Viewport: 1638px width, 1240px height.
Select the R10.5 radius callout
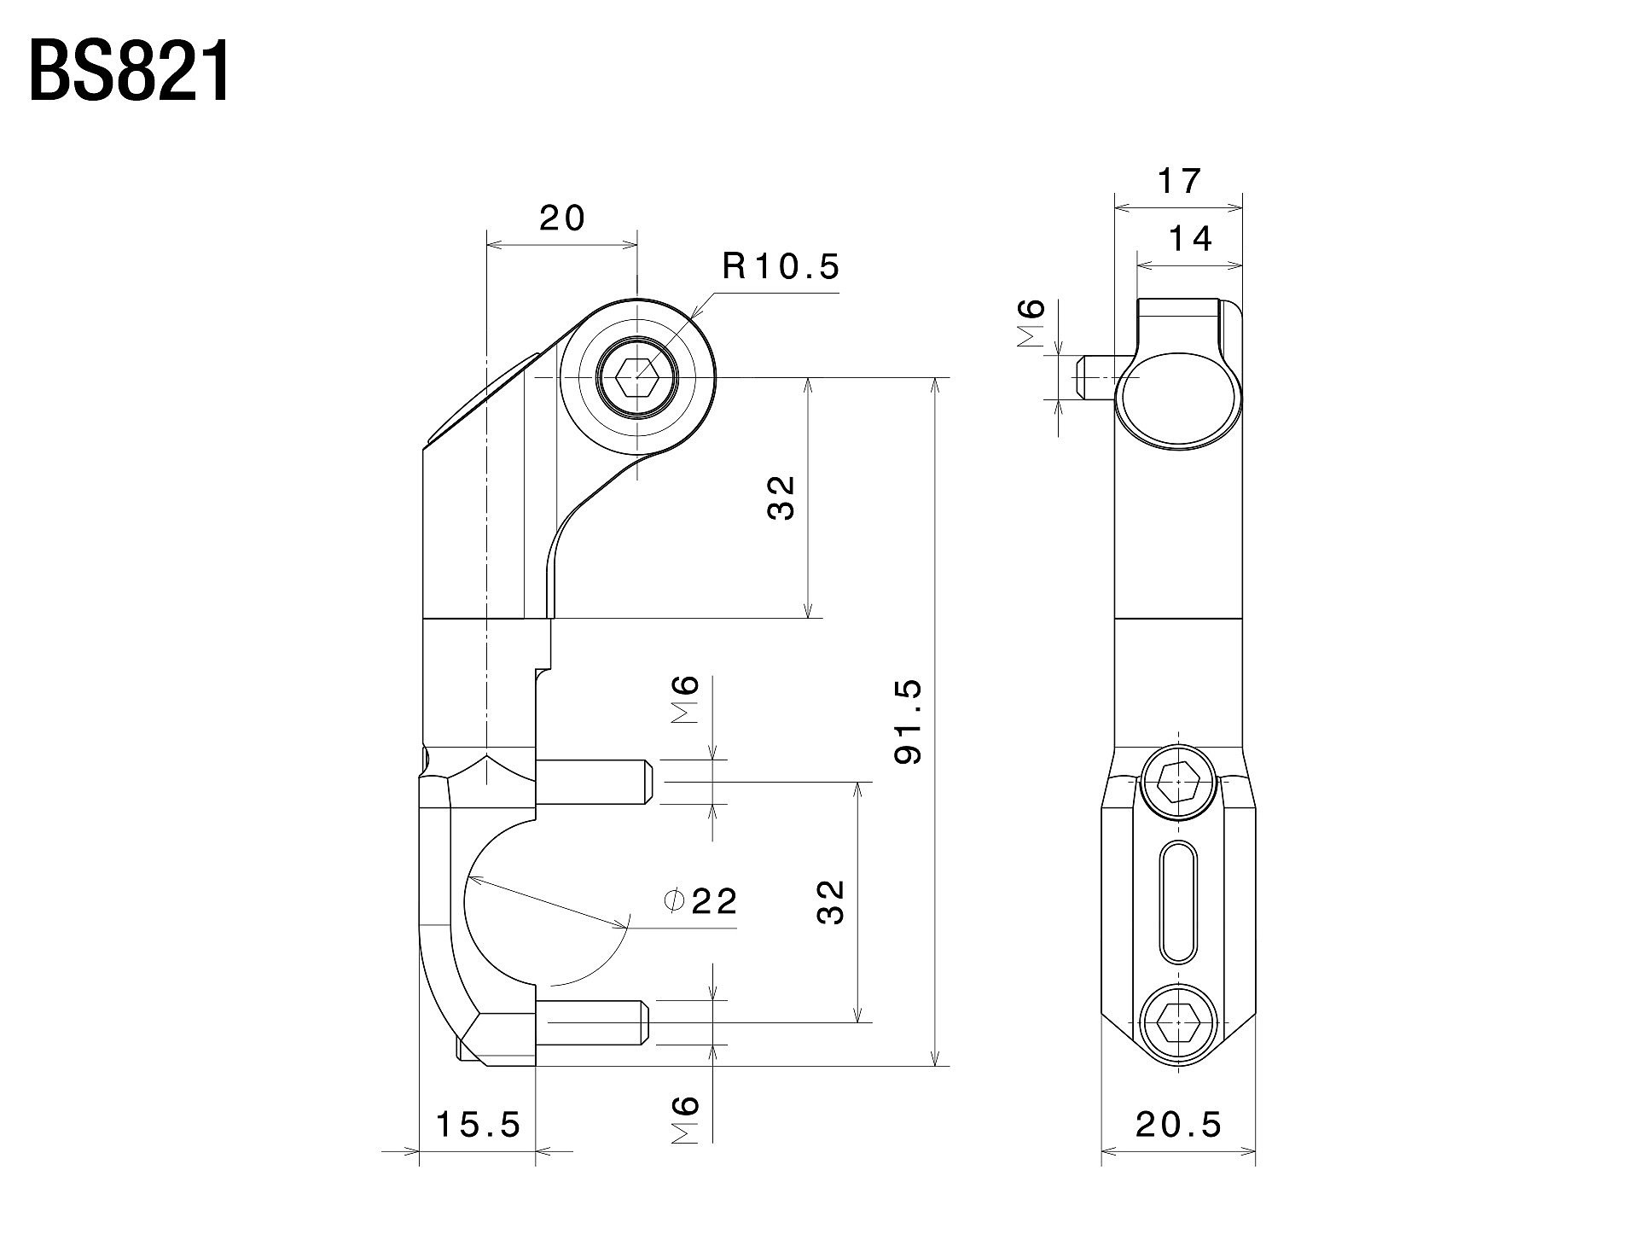781,266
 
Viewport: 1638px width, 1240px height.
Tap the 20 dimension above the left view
563,218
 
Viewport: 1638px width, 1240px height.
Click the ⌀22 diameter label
700,900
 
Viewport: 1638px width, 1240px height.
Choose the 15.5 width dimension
478,1125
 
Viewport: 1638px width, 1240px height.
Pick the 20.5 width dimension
1179,1125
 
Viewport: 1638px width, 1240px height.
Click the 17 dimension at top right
1179,181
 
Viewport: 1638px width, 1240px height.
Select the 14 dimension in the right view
1190,240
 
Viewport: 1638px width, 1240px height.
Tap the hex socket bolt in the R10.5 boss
637,377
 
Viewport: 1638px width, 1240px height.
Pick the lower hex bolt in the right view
1179,1022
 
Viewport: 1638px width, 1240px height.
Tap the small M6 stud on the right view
1095,377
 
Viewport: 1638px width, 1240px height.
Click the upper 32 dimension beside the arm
781,498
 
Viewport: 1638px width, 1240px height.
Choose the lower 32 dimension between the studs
829,901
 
